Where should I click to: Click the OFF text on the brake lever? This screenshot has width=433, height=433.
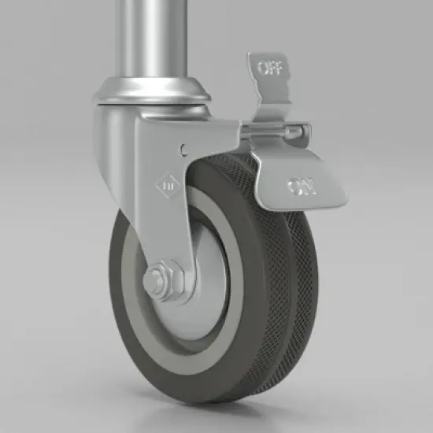point(270,68)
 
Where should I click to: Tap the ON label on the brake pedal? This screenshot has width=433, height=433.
point(301,187)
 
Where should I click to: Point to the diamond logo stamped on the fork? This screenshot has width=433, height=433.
point(168,186)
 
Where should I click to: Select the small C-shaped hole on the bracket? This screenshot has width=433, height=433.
point(183,150)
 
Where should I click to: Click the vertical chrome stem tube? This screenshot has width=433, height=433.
point(150,39)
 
